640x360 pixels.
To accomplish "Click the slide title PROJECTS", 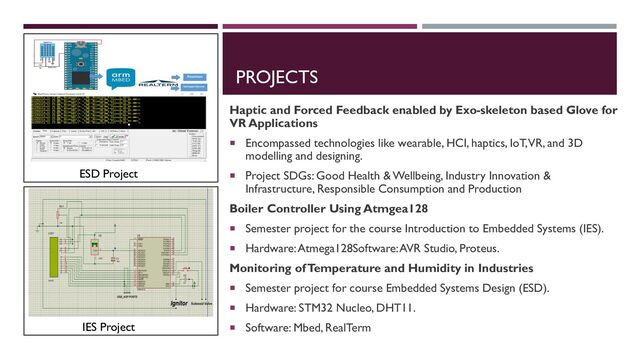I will click(276, 77).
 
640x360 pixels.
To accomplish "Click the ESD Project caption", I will click(110, 175).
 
